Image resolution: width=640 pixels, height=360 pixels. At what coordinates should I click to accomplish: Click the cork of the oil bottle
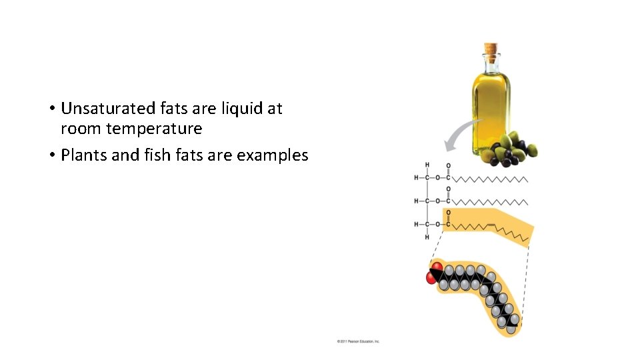491,49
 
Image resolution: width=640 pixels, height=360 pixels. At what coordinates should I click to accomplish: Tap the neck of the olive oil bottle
491,65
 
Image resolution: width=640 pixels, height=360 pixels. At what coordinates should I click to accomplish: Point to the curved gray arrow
459,136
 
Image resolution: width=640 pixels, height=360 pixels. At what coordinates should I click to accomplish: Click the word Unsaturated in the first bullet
109,108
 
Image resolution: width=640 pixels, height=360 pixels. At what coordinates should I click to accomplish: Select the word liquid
241,108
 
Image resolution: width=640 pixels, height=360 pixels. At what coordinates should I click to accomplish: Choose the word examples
273,156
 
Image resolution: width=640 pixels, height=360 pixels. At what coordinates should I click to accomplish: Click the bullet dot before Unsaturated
51,109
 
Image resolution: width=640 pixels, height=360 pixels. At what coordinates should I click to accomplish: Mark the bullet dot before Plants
51,156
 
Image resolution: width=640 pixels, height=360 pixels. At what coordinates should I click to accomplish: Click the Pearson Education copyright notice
358,341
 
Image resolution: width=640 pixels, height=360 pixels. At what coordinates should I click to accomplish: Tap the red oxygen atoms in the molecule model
434,273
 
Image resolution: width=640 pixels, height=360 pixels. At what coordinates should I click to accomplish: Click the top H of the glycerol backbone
427,165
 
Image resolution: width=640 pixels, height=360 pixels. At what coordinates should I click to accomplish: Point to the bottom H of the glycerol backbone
427,237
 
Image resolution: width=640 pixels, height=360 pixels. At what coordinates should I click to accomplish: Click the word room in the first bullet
79,127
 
